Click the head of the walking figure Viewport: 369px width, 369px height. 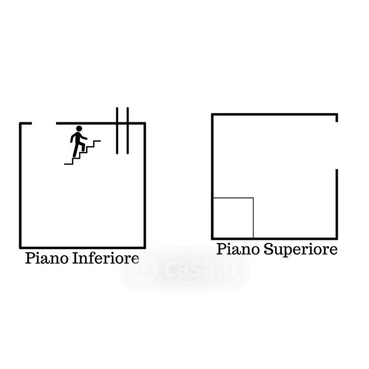(78, 129)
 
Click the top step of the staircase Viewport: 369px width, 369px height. (97, 141)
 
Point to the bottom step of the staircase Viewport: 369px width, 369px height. (68, 163)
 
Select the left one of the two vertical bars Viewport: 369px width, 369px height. (118, 131)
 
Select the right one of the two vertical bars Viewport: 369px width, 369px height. (127, 131)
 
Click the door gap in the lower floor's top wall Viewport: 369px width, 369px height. (43, 124)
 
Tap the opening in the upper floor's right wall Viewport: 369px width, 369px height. (336, 146)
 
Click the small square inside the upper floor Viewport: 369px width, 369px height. (233, 218)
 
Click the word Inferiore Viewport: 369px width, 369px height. (105, 258)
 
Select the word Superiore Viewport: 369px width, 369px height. (301, 250)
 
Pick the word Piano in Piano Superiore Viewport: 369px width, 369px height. (238, 250)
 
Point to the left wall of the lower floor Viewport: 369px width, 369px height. (22, 184)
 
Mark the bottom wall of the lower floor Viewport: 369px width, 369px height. (83, 245)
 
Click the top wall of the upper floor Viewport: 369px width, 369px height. (274, 114)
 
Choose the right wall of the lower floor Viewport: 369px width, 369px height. (145, 184)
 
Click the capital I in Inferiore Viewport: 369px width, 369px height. (75, 258)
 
